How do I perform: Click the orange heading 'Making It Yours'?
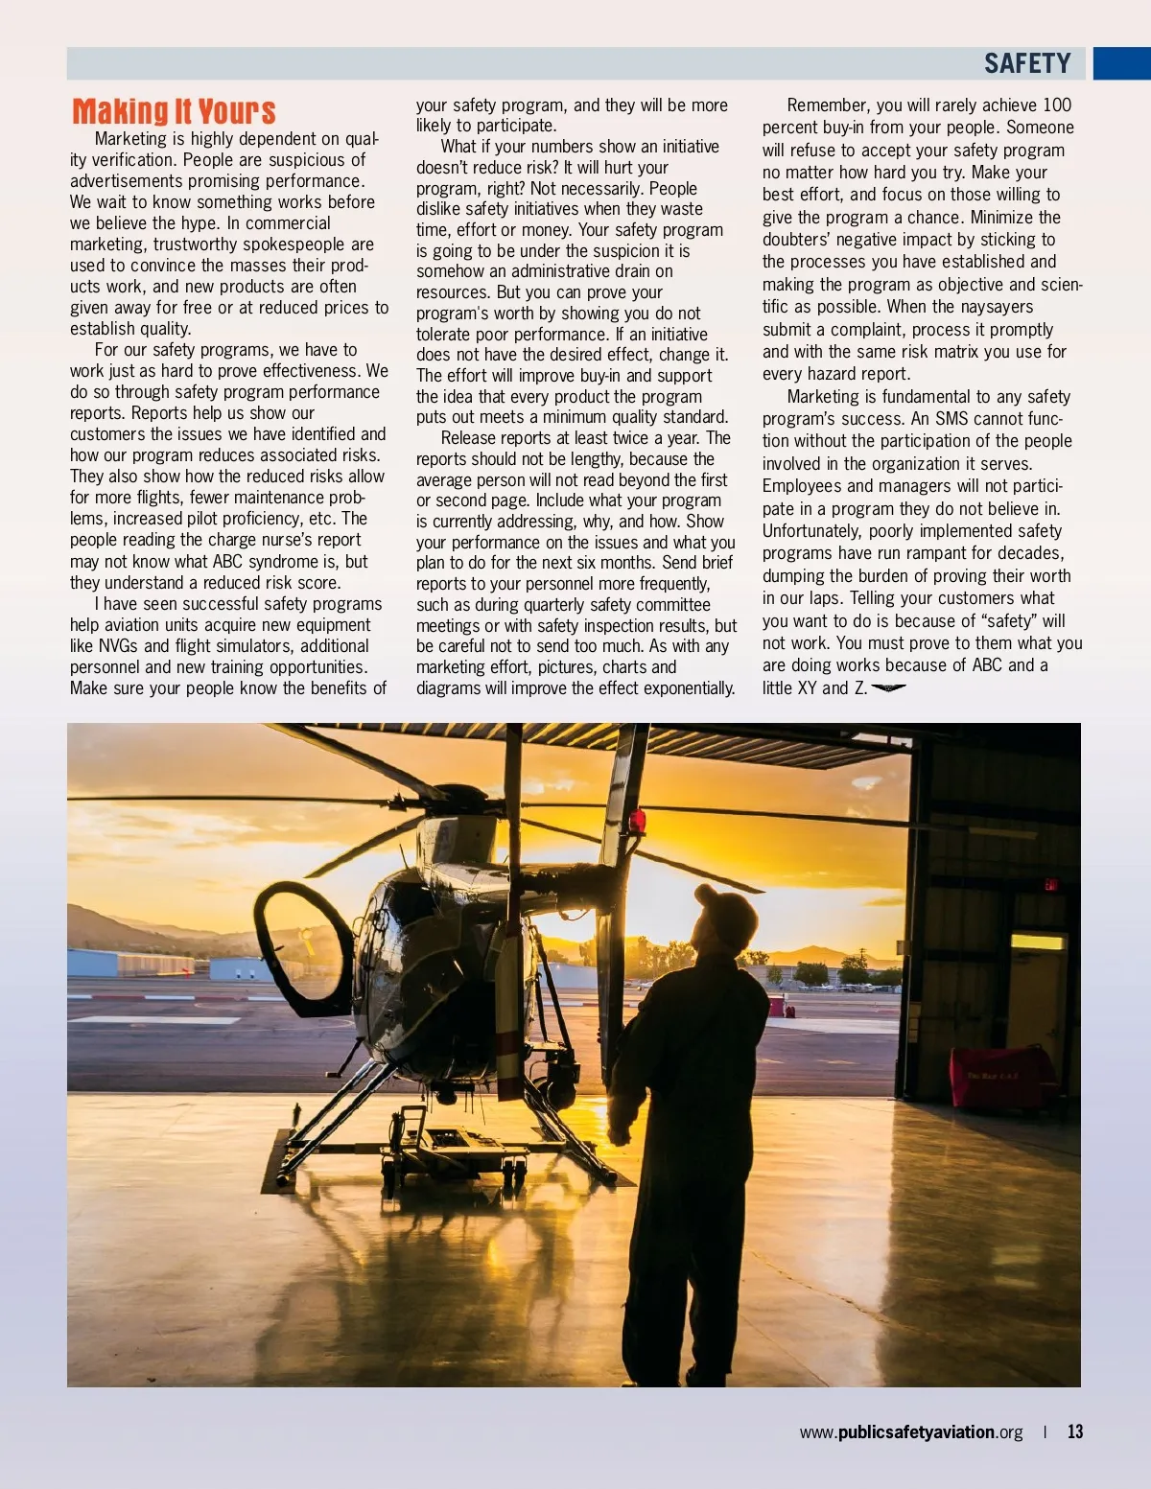point(174,111)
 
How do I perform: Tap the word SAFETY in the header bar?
point(1027,63)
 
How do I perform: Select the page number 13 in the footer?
point(1075,1431)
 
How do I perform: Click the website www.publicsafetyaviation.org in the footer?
point(911,1431)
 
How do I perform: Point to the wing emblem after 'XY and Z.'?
point(888,687)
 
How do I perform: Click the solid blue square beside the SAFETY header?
point(1121,63)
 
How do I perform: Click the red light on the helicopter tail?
point(637,821)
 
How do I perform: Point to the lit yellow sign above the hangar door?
point(1037,942)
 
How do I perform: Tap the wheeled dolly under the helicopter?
point(451,1151)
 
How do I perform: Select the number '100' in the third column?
point(1056,105)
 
